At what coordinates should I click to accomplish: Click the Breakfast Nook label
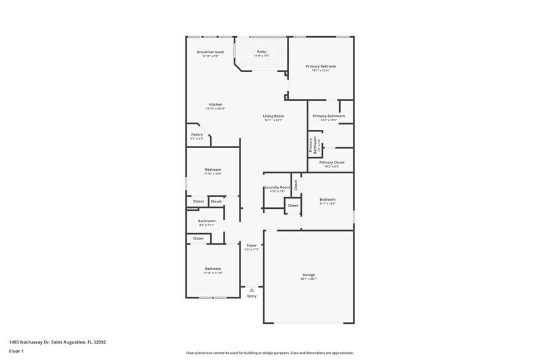(x=210, y=52)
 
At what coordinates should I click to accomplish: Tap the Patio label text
(x=261, y=52)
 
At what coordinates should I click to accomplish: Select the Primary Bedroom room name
(x=321, y=66)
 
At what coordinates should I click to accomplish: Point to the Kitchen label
(x=216, y=104)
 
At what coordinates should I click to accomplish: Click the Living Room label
(x=274, y=116)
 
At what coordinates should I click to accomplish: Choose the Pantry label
(x=197, y=134)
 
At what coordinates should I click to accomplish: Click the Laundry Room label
(x=277, y=187)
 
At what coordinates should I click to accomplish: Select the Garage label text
(x=309, y=274)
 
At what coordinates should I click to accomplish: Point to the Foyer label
(x=252, y=245)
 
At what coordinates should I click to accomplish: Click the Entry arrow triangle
(x=252, y=290)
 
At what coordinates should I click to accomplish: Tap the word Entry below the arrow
(x=252, y=296)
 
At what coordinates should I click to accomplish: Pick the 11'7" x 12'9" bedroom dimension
(x=328, y=204)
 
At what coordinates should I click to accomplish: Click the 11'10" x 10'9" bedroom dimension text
(x=213, y=174)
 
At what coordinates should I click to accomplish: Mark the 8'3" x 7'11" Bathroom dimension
(x=206, y=225)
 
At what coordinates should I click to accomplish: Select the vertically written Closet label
(x=295, y=184)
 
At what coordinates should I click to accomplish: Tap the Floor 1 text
(x=16, y=351)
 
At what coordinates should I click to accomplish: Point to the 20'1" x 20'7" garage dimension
(x=309, y=279)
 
